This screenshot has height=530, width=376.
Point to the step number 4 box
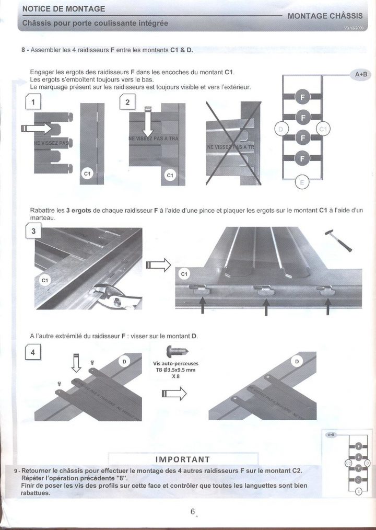[33, 353]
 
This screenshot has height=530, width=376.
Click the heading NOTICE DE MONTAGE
[64, 9]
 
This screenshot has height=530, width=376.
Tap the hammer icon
[338, 239]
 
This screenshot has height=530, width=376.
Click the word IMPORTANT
[182, 459]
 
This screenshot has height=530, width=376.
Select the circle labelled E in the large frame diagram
[300, 182]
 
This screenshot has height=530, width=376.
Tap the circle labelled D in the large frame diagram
[280, 129]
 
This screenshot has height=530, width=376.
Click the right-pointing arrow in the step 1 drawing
[38, 128]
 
